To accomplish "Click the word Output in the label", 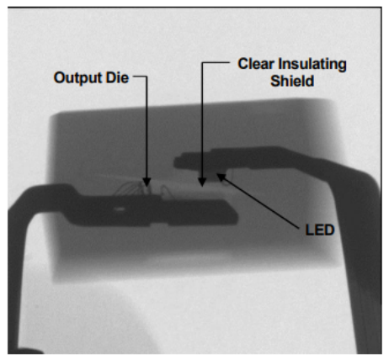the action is (x=77, y=78).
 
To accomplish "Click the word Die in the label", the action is (x=117, y=77).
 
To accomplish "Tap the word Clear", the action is (x=256, y=64).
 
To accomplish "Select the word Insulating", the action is (x=312, y=64).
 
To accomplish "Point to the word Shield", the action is (x=292, y=81).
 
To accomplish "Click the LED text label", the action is (x=320, y=230).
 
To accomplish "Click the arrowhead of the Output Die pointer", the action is (x=147, y=182).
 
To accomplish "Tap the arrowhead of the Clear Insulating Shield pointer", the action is (x=202, y=182).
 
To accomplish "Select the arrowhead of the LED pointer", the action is (x=221, y=177).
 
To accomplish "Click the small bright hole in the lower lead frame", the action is (x=120, y=209).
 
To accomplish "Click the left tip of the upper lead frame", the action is (x=175, y=161).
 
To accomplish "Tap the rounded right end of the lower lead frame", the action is (x=235, y=215).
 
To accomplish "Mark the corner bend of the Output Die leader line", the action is (x=147, y=77).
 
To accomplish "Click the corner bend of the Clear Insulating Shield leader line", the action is (x=202, y=63).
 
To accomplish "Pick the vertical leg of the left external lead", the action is (x=18, y=280).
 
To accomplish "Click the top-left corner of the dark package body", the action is (x=53, y=115).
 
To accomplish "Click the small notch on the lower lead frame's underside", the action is (x=159, y=224).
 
